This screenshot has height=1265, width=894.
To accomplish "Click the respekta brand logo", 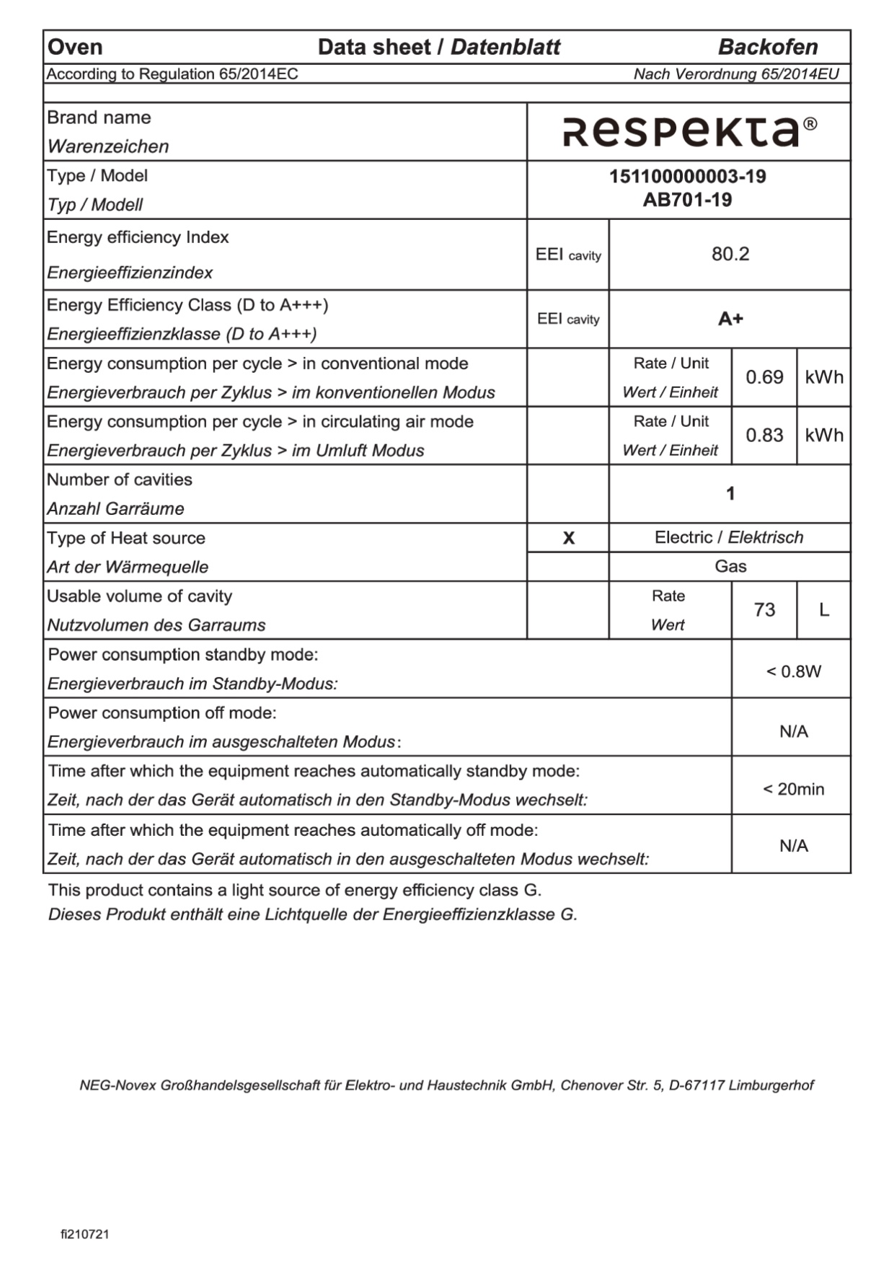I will (681, 131).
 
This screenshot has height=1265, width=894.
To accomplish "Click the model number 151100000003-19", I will (688, 177).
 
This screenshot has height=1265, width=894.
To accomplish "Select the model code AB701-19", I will (688, 200).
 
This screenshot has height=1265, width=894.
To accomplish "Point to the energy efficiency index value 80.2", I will (730, 254).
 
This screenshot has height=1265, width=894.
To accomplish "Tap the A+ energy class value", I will (730, 319).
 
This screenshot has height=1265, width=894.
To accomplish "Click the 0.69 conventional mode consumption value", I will (764, 377).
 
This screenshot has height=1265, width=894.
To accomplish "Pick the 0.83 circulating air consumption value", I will (764, 435).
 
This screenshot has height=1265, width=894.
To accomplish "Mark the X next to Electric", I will (568, 538).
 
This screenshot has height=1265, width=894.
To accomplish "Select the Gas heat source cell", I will (730, 566).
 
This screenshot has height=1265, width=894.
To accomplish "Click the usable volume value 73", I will (764, 610).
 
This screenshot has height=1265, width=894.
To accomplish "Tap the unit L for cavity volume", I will (824, 610).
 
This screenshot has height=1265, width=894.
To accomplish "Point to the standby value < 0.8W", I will (793, 671).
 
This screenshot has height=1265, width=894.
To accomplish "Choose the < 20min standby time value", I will (793, 789).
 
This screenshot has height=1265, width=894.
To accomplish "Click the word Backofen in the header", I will (768, 48).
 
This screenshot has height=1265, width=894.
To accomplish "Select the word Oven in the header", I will (75, 48).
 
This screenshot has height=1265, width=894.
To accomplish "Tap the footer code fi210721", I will (85, 1234).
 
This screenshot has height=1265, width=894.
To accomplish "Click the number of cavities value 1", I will (730, 493).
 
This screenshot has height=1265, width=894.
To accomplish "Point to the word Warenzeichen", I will (108, 146).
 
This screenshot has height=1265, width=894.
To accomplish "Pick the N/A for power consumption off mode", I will (793, 731).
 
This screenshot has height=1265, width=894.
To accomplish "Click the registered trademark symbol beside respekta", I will (810, 124).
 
